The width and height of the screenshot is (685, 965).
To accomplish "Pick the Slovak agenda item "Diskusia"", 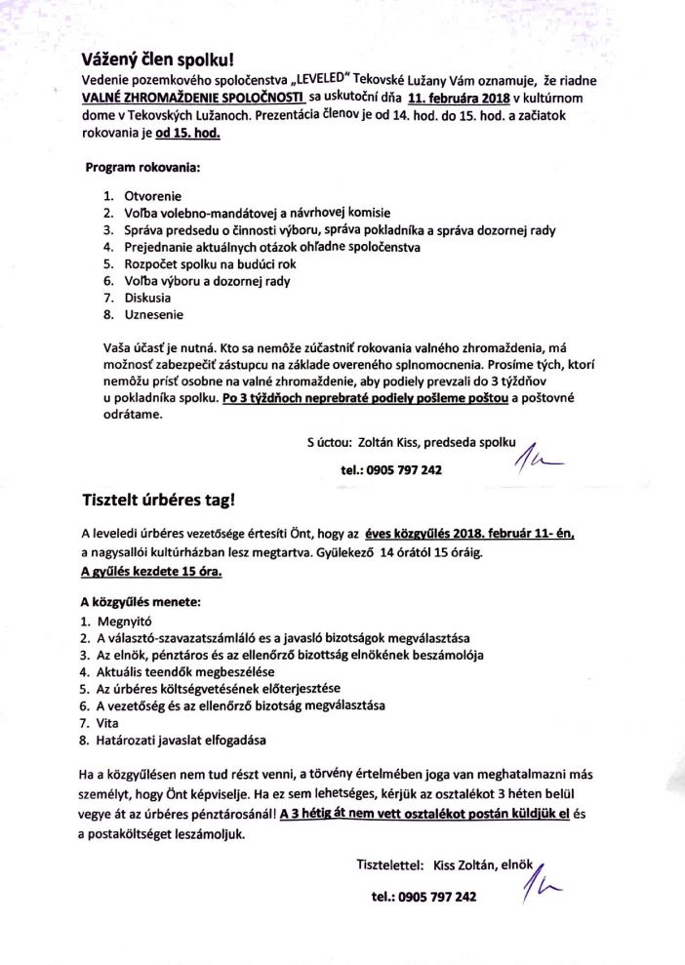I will [147, 298].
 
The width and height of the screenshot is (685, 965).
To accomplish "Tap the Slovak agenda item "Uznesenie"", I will [152, 315].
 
